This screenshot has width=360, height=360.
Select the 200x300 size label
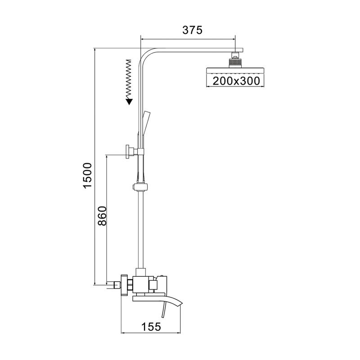click(x=233, y=81)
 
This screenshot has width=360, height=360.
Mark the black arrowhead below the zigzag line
click(x=129, y=101)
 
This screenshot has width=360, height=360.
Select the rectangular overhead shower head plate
click(x=232, y=71)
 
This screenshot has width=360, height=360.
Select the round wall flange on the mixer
click(x=124, y=284)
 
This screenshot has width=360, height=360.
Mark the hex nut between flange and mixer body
click(x=130, y=284)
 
